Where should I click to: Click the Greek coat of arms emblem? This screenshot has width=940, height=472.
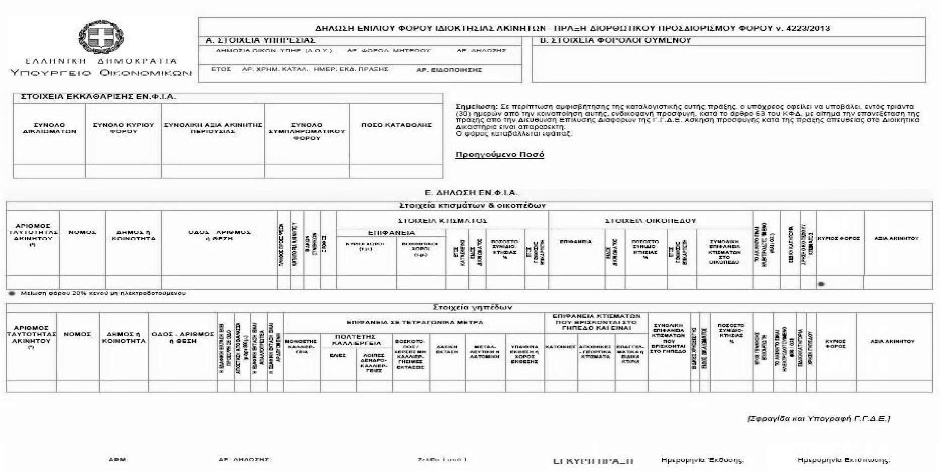coord(101,37)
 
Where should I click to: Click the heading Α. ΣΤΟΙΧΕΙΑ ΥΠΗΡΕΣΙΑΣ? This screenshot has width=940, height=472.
coord(260,40)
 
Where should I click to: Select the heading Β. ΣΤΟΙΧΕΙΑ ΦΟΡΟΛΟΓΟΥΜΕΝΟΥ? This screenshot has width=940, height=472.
coord(615,40)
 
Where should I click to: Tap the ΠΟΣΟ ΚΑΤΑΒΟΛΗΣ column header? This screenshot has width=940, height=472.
coord(396,125)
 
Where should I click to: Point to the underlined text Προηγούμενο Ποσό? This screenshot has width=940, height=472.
coord(500,155)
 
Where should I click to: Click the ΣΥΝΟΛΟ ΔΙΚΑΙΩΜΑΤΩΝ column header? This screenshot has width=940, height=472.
coord(49,128)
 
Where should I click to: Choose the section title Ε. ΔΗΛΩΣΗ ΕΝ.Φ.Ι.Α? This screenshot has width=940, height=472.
coord(471,193)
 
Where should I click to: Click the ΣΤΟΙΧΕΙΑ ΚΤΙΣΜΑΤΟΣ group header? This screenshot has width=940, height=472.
coord(442,221)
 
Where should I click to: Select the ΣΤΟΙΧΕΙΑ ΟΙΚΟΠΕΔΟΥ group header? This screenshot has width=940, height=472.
coord(651,221)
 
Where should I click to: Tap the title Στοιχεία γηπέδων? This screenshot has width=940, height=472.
coord(473,307)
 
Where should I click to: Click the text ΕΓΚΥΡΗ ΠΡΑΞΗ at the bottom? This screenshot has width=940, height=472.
coord(593,461)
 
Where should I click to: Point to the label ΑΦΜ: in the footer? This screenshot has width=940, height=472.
coord(118,460)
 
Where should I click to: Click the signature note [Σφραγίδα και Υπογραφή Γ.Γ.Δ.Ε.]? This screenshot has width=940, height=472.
coord(818,419)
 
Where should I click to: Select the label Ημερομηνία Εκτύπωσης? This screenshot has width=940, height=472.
coord(843,460)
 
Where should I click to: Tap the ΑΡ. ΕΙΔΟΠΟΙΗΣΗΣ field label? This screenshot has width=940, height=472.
coord(449,70)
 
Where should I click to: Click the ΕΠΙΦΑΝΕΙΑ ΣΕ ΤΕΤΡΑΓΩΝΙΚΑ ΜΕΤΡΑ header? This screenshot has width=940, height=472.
coord(415,322)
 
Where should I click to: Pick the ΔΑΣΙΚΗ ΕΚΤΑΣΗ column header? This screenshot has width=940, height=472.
coord(447,349)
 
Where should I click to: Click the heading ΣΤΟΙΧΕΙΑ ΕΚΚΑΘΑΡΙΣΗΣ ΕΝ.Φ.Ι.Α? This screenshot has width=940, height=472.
coord(98,97)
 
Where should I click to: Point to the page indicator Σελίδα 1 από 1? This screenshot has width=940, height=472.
coord(442,460)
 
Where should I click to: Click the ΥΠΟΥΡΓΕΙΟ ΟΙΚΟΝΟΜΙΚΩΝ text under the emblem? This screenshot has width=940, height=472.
coord(101,73)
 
